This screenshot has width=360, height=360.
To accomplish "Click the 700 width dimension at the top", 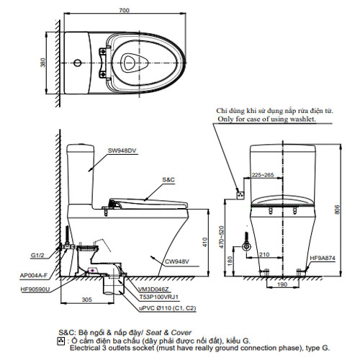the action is pos(125,10).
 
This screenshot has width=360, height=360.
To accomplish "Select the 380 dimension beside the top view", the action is pos(42,63).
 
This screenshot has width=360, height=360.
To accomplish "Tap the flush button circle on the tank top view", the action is pos(77,63).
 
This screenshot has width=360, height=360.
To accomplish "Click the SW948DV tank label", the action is pos(122,150).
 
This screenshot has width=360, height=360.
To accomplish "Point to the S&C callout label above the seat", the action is pos(168,180).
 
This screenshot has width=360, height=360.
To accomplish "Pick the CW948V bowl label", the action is pos(177,261).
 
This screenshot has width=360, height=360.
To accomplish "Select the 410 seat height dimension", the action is pos(204,243).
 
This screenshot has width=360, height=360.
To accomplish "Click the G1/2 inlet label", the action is pos(37,256).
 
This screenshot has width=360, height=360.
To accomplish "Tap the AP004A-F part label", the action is pos(34,276).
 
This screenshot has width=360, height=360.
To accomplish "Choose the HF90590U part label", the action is pos(35,289).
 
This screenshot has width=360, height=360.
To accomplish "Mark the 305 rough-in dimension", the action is pos(87,300).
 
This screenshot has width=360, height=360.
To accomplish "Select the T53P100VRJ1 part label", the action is pos(159,297).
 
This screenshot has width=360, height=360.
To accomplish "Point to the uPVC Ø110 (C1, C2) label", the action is pos(168,308).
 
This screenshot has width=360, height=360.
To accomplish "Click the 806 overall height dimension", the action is pos(338,210).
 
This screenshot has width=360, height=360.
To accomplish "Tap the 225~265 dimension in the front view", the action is pos(263,175).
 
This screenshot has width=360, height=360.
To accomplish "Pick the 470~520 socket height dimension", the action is pos(221,237).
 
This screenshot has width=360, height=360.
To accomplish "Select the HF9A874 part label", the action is pos(323,258).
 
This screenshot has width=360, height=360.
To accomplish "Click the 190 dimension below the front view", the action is pos(282,284).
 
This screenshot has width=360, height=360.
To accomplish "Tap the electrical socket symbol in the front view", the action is pos(240,195).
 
